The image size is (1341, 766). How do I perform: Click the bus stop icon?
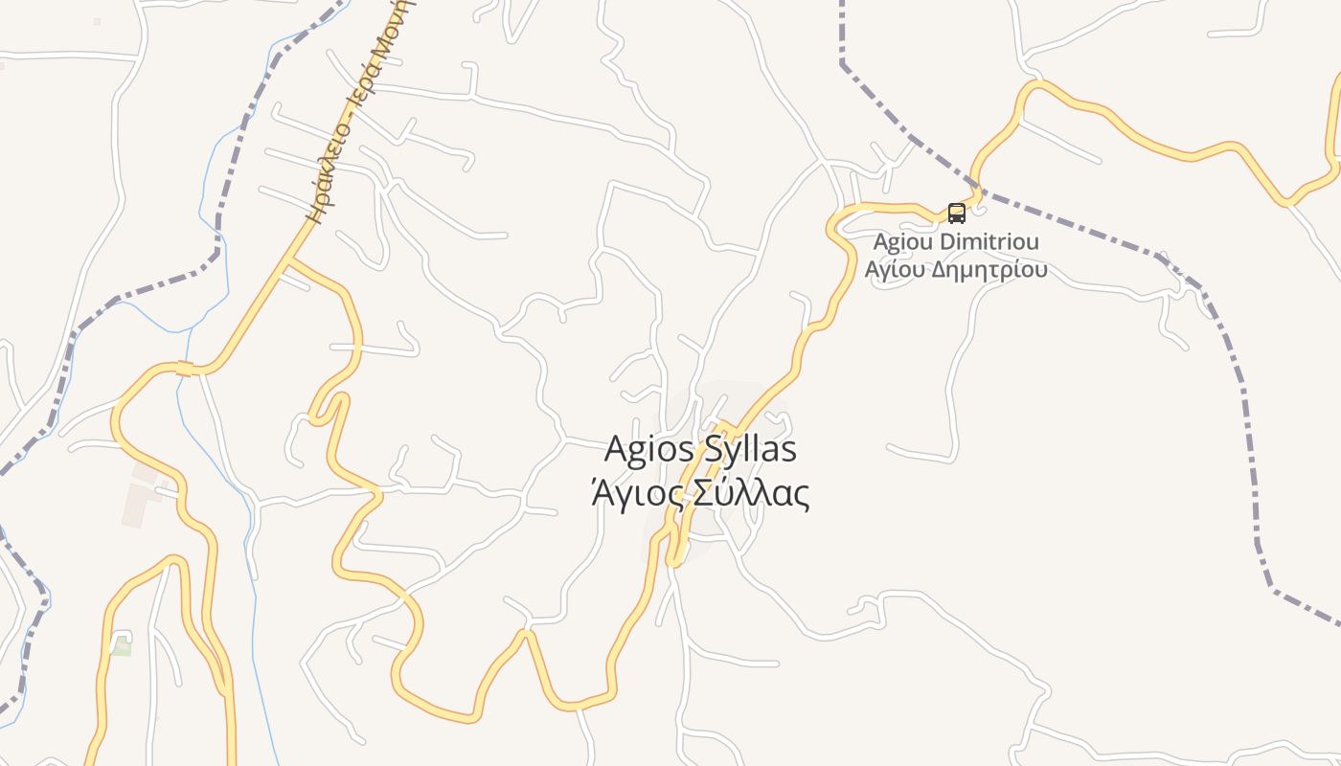click(x=956, y=213)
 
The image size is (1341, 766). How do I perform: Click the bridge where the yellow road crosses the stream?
click(x=185, y=369)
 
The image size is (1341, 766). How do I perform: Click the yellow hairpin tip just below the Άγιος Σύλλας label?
click(x=675, y=561)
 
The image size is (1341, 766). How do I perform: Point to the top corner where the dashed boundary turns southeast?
click(x=843, y=63)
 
